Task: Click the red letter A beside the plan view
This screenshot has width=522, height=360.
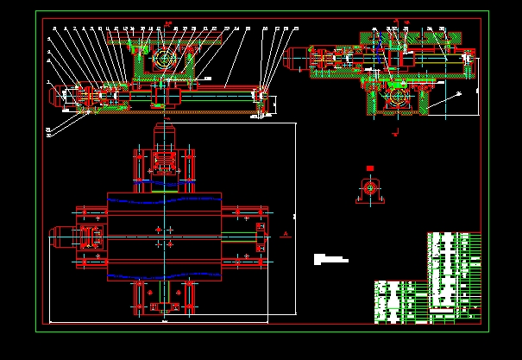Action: coord(284,234)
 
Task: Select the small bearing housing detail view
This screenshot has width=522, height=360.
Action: coord(369,189)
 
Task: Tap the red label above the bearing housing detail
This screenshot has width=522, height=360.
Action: coord(369,167)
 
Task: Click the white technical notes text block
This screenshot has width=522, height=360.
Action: coord(330,258)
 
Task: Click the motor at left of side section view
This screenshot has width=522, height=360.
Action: coord(293,59)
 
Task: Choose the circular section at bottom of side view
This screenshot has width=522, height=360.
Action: coord(399,100)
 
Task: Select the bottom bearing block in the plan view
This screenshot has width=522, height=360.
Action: coord(163,299)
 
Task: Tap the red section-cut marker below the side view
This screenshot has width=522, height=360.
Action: coord(394,134)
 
